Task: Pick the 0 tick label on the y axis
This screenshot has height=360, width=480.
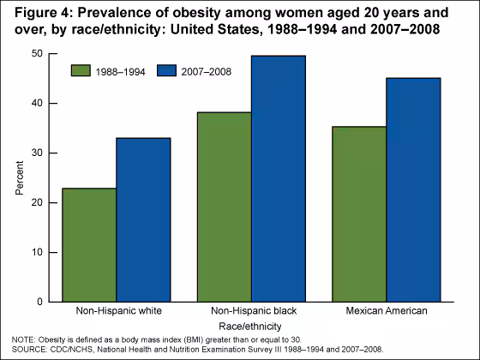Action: [x=39, y=302]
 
